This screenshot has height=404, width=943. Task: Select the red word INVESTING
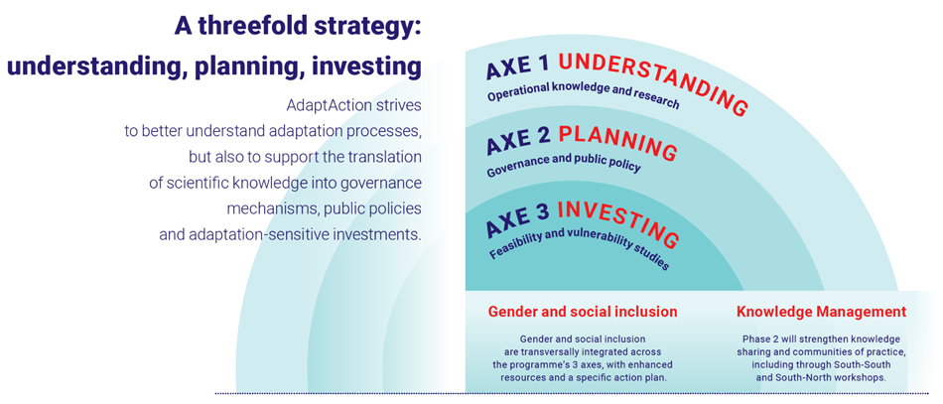coord(618,223)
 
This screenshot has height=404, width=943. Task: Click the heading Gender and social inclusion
coord(583,312)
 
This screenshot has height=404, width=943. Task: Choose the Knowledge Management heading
coord(822,312)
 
